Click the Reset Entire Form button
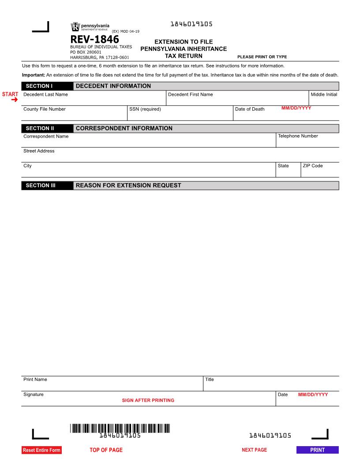coord(41,450)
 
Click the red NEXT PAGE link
coord(254,450)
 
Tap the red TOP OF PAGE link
coord(106,450)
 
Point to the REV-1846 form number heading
coord(94,39)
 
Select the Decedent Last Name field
coord(94,101)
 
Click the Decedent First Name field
coord(237,101)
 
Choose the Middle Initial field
coord(324,101)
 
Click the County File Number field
coord(74,115)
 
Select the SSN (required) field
coord(180,115)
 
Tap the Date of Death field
coord(286,115)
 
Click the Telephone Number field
coord(307,142)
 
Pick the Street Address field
coord(180,157)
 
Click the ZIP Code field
coord(320,172)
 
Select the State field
coord(288,172)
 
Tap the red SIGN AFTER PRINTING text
coord(148,400)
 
